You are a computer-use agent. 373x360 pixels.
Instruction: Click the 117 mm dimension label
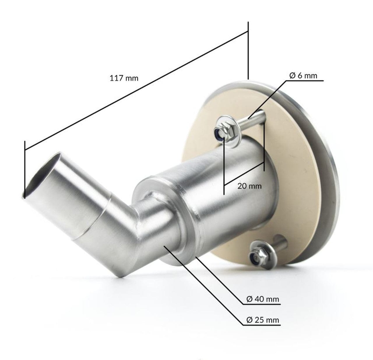point(124,78)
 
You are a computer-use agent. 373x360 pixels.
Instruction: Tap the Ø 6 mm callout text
point(303,76)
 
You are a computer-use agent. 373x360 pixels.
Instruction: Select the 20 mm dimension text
point(249,186)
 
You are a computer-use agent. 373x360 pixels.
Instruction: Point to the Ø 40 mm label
point(263,299)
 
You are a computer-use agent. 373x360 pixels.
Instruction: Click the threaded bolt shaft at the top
point(253,119)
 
